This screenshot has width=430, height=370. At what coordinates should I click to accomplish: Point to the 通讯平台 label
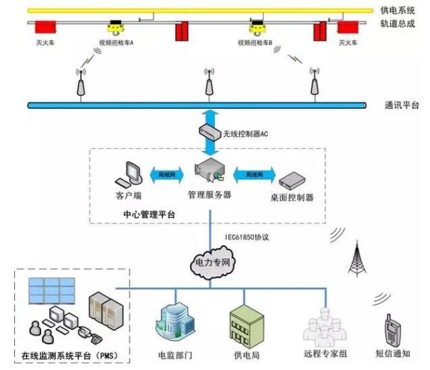401,106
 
